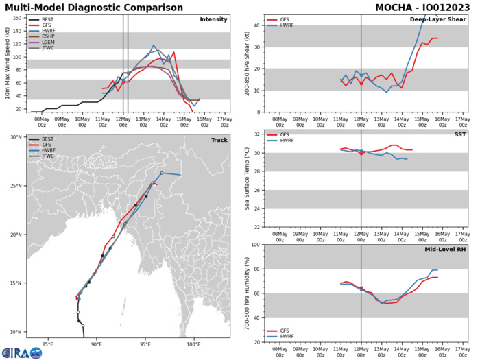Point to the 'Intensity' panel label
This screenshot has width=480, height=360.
213,19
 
